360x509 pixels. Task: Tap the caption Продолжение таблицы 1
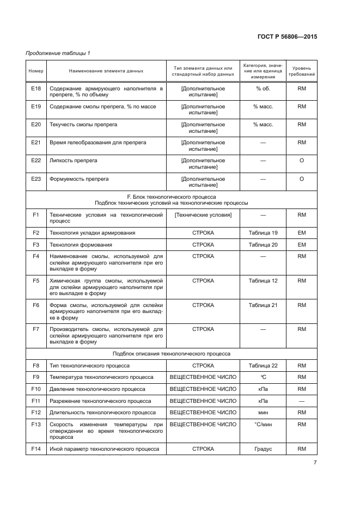pos(58,53)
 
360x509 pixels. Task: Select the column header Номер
pos(35,71)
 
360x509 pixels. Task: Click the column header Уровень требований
pos(301,71)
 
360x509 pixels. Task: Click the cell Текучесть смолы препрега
pos(83,125)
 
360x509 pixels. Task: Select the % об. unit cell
pos(263,88)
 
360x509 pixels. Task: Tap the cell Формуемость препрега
pos(79,179)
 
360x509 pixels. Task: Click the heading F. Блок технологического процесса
pos(171,197)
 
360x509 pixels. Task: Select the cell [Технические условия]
pos(203,215)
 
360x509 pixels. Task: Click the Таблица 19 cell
pos(263,233)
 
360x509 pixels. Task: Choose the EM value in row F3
pos(301,245)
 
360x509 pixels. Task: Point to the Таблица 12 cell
pos(263,281)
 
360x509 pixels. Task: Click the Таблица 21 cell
pos(263,305)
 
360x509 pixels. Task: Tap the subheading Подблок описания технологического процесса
pos(171,353)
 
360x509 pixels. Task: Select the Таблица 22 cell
pos(263,366)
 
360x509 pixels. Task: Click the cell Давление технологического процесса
pos(97,389)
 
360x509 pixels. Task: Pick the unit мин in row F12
pos(263,413)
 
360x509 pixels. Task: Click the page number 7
pos(315,463)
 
